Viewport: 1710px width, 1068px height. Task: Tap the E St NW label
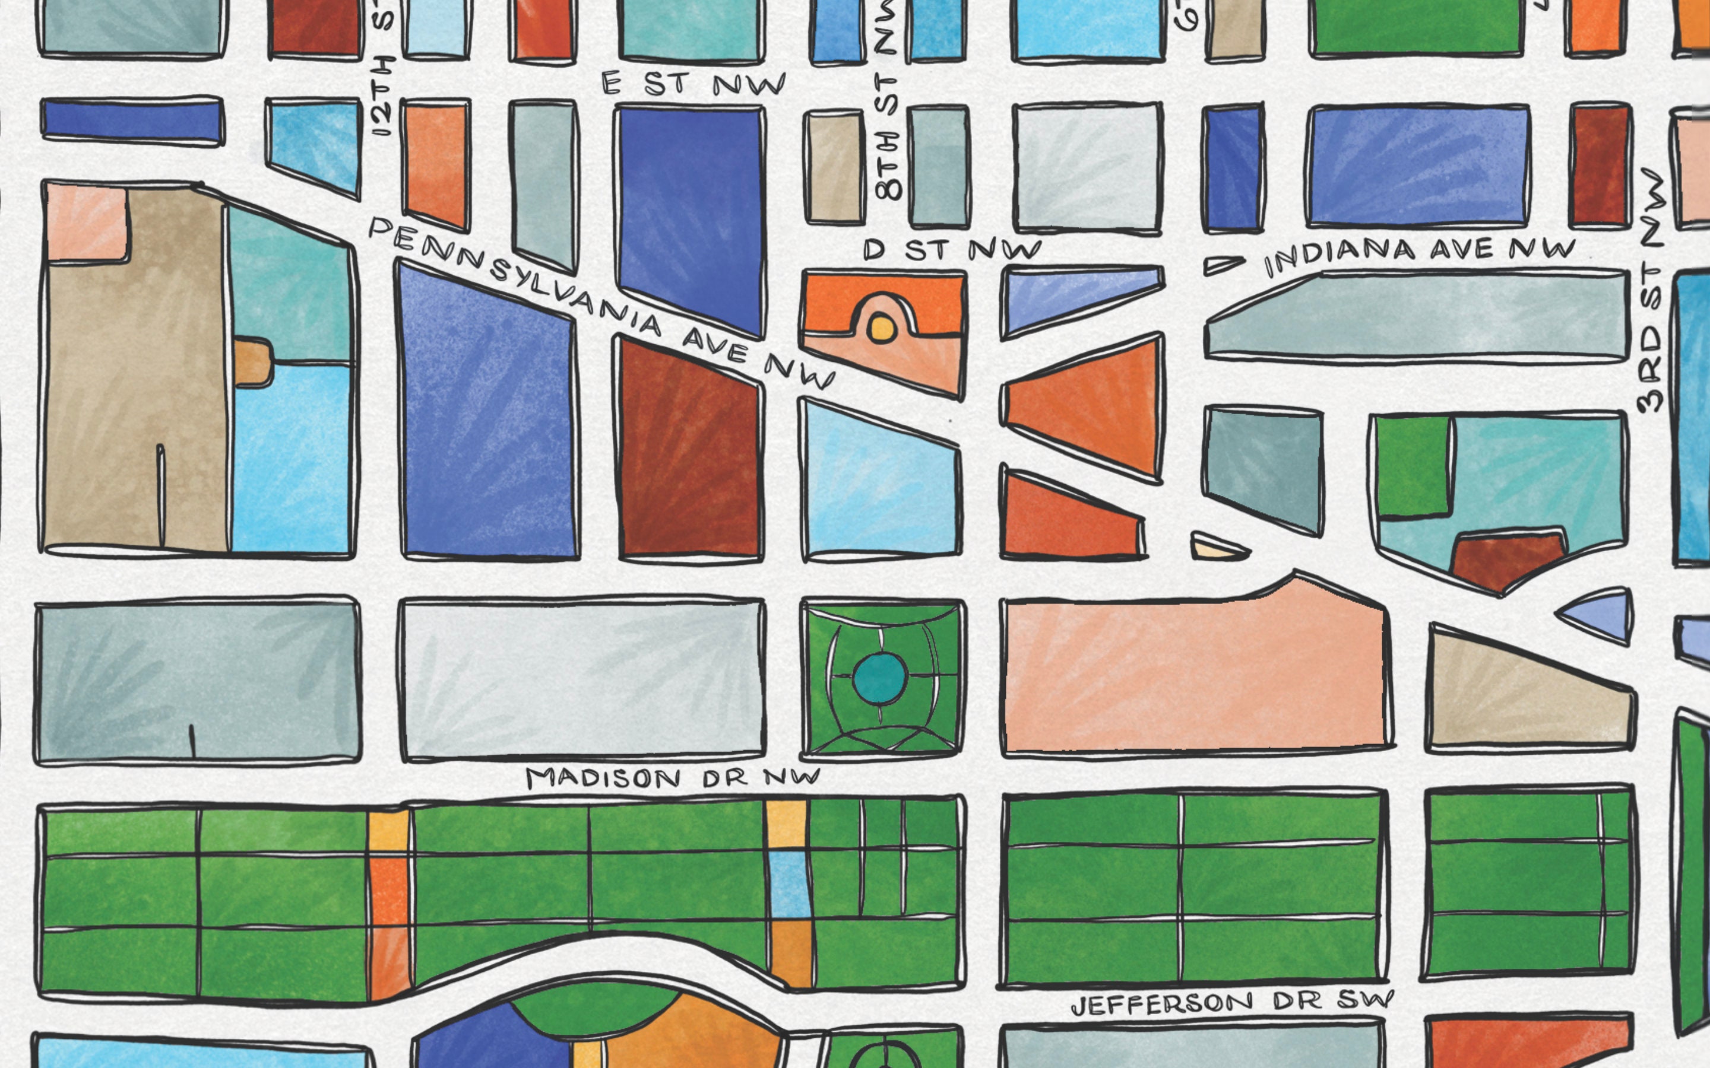[x=692, y=84]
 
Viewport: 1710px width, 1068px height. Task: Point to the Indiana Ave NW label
[x=1420, y=256]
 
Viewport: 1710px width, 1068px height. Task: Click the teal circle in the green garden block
[x=880, y=678]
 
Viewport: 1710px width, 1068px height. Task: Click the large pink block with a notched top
[x=1194, y=671]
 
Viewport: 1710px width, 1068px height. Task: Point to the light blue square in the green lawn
[x=787, y=883]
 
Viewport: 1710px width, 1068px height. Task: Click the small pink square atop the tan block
[x=86, y=223]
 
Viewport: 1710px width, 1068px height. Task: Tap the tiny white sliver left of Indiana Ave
[x=1223, y=265]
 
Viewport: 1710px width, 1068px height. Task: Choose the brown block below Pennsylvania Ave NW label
[x=689, y=452]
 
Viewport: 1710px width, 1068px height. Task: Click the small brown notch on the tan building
[x=253, y=363]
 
